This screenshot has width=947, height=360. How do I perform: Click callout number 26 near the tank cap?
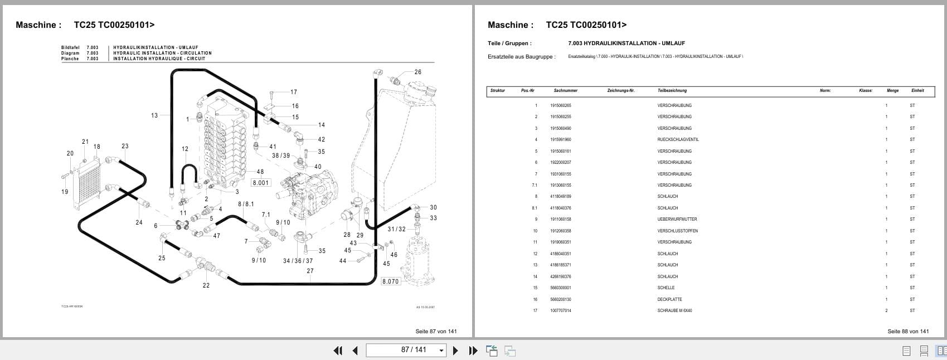417,72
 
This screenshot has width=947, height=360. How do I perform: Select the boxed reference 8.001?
260,183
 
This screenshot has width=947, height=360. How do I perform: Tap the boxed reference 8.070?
390,281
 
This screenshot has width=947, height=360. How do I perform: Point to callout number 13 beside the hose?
154,115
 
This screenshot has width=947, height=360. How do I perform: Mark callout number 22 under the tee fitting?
206,285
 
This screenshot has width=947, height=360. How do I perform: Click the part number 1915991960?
560,139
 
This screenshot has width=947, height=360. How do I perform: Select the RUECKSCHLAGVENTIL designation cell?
678,139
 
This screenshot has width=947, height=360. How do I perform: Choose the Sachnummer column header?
565,90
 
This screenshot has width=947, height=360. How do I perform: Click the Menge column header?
892,90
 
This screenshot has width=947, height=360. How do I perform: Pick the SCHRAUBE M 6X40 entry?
674,310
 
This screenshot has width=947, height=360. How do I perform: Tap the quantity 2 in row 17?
886,310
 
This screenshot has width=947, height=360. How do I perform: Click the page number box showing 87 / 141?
406,350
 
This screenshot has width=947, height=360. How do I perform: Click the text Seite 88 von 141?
908,331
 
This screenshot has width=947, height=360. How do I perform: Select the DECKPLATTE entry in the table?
669,299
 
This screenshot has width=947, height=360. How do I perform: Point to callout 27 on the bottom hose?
310,271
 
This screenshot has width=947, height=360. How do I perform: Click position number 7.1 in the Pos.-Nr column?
535,185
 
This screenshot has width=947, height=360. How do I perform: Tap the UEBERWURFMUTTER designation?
677,219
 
